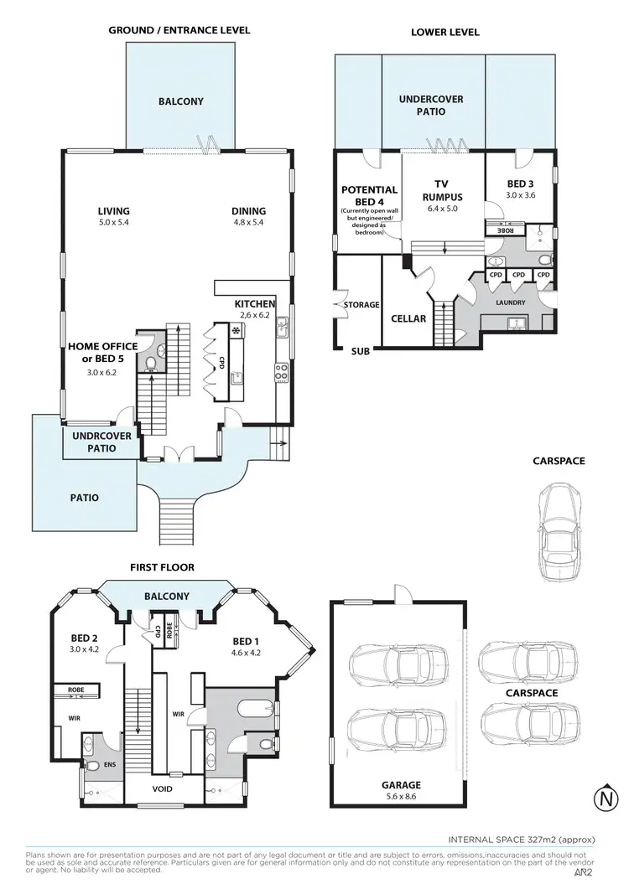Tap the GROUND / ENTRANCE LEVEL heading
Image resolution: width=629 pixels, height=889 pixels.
pos(179,30)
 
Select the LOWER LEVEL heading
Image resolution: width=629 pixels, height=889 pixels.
pos(444,32)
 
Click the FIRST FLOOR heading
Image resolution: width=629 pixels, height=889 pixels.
pos(162,567)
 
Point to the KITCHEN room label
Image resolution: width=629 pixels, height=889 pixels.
pos(255,303)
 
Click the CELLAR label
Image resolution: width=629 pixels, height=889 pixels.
pos(408,318)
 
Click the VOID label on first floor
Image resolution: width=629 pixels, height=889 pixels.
pos(163,789)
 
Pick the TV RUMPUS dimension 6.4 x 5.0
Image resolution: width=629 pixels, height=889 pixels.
pos(443,209)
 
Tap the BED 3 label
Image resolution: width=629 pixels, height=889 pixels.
pos(520,183)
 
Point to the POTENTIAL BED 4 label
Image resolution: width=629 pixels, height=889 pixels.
pos(369,196)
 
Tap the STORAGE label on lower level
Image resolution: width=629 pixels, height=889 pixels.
pos(361,305)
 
